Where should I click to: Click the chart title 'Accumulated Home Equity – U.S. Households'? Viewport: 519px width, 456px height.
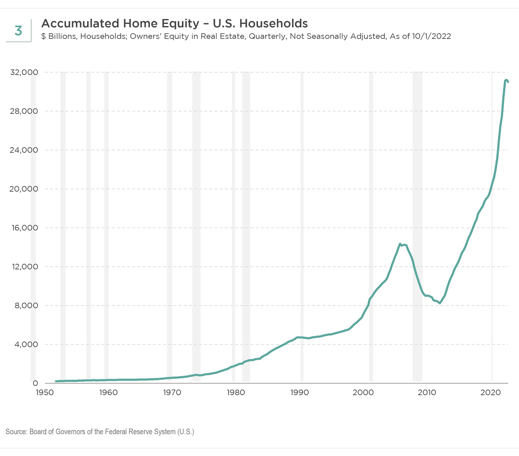coord(174,23)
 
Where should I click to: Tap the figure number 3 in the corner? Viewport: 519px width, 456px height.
coord(18,31)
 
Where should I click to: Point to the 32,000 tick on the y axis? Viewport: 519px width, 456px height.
coord(24,73)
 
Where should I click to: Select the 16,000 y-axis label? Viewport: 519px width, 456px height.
coord(24,228)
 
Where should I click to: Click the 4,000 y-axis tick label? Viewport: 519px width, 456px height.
coord(25,345)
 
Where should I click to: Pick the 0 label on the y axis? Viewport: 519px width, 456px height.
coord(35,383)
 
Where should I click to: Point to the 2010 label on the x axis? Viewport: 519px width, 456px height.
coord(427,393)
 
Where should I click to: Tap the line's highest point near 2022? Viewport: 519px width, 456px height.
coord(506,80)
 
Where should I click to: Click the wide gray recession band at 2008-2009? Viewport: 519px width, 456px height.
coord(417,227)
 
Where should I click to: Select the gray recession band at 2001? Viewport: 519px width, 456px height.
coord(371,227)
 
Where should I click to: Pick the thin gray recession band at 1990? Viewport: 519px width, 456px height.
coord(302,227)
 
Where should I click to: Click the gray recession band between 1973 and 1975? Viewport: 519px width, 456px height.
coord(196,227)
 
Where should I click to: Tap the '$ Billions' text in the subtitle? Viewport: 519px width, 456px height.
coord(58,36)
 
